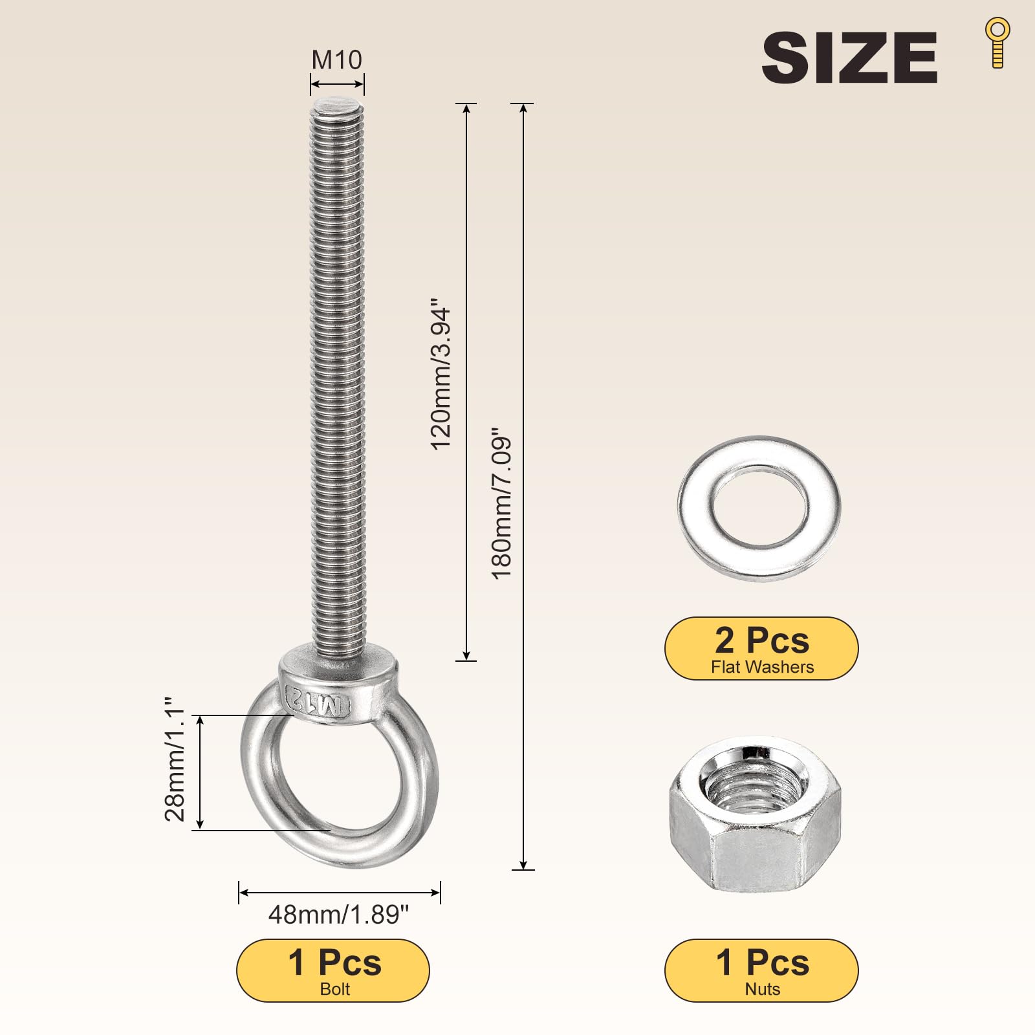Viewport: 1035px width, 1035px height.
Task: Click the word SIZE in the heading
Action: [x=849, y=58]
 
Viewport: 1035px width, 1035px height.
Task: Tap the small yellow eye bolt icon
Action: [x=997, y=43]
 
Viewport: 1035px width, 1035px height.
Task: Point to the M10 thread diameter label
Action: [x=336, y=60]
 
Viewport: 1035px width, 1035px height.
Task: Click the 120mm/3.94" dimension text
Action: [x=441, y=374]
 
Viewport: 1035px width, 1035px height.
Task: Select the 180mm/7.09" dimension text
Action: [x=502, y=503]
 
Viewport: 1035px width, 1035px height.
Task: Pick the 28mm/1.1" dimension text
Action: [x=175, y=759]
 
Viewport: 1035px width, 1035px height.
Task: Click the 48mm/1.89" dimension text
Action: [x=339, y=915]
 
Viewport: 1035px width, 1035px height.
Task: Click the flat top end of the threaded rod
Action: [x=338, y=105]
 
